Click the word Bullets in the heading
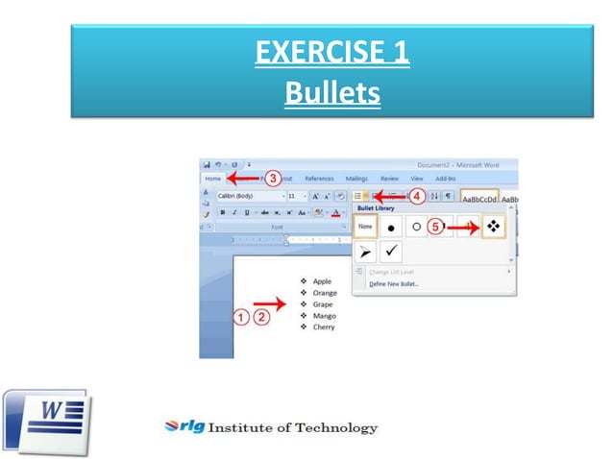coord(331,94)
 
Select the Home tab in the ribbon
coord(213,178)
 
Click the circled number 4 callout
coord(417,196)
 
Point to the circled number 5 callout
coord(434,228)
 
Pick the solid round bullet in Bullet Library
coord(392,228)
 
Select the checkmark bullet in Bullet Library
coord(392,252)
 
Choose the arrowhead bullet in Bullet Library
coord(365,252)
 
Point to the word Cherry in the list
coord(323,327)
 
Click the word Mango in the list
coord(323,316)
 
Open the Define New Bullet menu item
coord(394,284)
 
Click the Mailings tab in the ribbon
coord(356,178)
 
